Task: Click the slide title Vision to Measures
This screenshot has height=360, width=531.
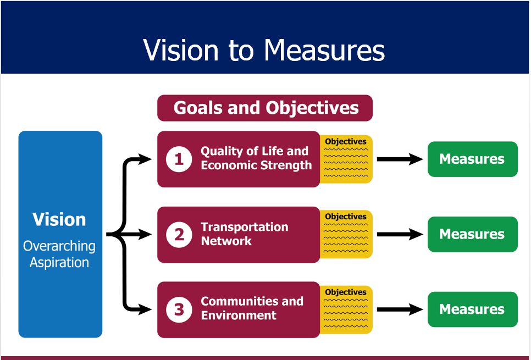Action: tap(264, 50)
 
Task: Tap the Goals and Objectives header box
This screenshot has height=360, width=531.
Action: tap(265, 108)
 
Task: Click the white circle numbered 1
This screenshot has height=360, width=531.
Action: tap(179, 159)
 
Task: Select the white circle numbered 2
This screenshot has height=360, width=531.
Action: tap(179, 234)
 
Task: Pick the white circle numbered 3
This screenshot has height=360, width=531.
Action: tap(179, 309)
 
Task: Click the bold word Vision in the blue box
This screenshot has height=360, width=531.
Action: tap(59, 219)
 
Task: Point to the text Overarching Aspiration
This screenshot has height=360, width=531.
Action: tap(59, 254)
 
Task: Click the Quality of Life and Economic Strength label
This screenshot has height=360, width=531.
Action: tap(256, 158)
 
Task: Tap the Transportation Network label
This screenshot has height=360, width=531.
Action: tap(244, 234)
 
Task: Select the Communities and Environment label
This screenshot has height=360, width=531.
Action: tap(252, 308)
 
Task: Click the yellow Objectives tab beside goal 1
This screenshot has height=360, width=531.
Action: tap(346, 159)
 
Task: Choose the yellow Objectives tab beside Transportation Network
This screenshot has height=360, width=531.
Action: tap(346, 234)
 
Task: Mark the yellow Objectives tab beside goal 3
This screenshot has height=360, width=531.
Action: tap(346, 309)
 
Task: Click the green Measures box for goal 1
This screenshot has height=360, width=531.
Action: tap(472, 159)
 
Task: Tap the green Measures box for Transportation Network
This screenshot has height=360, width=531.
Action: tap(472, 234)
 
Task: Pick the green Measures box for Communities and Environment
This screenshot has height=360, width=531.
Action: tap(472, 309)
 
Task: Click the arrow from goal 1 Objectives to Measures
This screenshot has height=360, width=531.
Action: tap(400, 159)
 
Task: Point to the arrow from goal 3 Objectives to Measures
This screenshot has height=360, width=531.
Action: tap(400, 309)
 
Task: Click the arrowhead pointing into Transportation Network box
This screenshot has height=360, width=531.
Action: tap(145, 234)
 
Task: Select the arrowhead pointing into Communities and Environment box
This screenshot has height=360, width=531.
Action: tap(145, 309)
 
